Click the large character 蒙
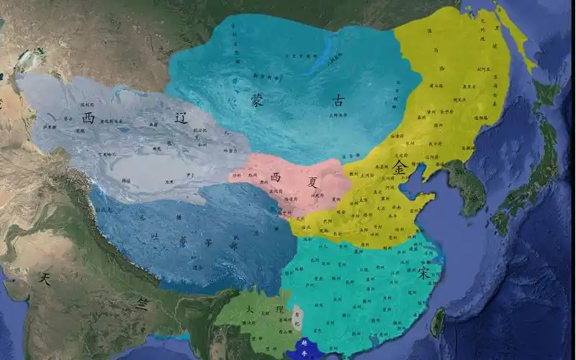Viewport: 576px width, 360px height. (258, 99)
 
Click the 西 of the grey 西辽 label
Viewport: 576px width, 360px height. (89, 117)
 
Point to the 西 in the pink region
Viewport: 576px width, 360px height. (274, 176)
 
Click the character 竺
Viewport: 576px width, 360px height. (143, 304)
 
